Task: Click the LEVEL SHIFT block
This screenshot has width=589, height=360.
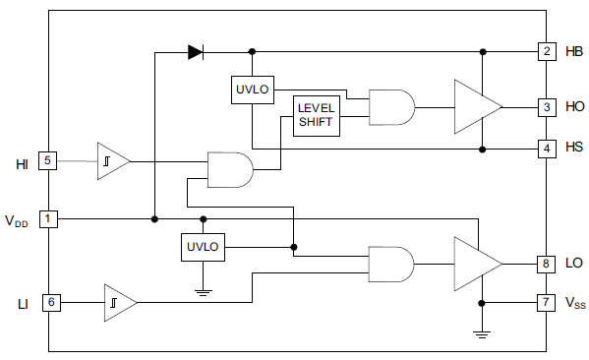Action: point(317,116)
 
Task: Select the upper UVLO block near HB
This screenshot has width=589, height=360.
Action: point(253,90)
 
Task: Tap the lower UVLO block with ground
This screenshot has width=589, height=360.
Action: point(203,247)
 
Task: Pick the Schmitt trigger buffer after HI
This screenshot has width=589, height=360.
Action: point(111,161)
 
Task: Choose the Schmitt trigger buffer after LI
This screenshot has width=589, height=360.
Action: point(119,303)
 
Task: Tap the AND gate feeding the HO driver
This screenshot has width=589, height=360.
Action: point(390,106)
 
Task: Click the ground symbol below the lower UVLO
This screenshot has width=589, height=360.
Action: point(203,290)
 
